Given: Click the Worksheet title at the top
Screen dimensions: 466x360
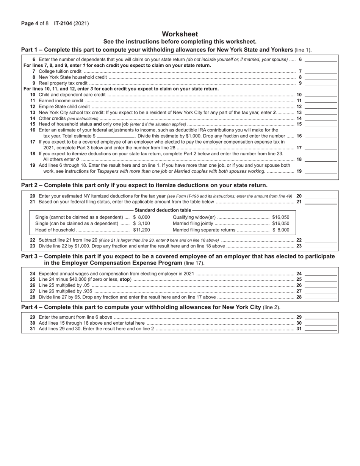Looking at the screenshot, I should click(180, 34).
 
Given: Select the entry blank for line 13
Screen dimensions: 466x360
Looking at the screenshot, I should click(321, 113).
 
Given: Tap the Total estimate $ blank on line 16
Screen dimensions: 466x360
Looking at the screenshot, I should click(116, 136).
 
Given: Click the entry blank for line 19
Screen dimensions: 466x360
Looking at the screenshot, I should click(321, 171).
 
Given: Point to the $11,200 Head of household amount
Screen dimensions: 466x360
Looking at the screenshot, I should click(141, 230).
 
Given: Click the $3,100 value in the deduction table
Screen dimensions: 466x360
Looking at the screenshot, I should click(141, 224).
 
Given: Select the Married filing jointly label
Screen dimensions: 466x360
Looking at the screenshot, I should click(193, 224).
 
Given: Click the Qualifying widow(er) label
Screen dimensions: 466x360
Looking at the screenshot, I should click(194, 217).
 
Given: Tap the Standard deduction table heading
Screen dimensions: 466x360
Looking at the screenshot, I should click(163, 210).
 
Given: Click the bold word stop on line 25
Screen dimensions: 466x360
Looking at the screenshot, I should click(125, 279).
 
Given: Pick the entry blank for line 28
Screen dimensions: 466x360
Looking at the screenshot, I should click(321, 297).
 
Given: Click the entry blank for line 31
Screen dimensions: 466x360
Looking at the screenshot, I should click(321, 329).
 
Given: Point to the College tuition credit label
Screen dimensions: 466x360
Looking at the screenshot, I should click(60, 71).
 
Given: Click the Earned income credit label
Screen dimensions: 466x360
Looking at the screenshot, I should click(61, 101).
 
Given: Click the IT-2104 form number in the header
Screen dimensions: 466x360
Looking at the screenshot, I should click(64, 23).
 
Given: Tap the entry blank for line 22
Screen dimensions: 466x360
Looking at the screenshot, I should click(321, 240).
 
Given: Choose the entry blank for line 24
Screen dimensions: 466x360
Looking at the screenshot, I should click(321, 274).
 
